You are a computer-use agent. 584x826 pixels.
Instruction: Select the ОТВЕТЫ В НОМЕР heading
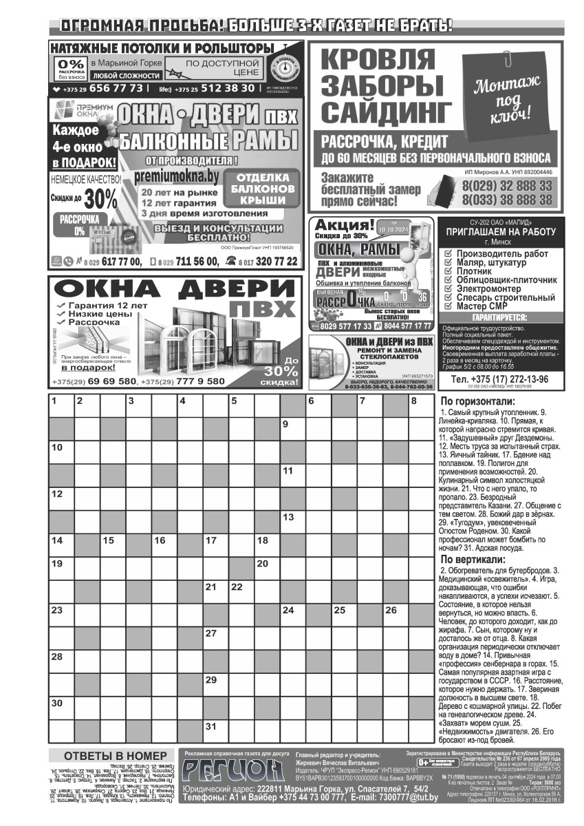[110, 755]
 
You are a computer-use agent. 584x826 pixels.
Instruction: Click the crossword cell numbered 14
[61, 544]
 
